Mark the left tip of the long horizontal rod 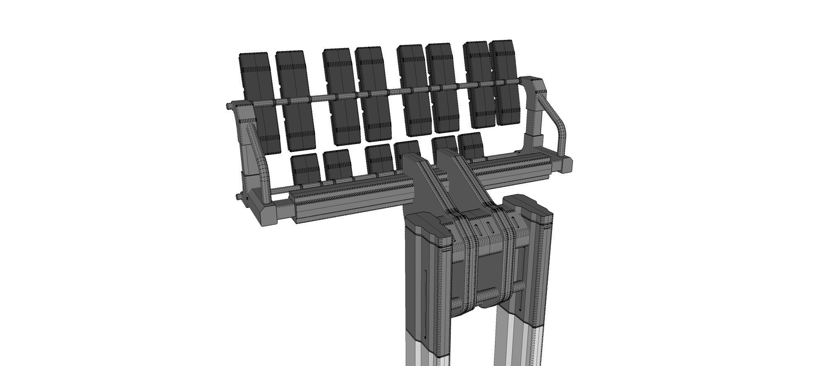[229, 106]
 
